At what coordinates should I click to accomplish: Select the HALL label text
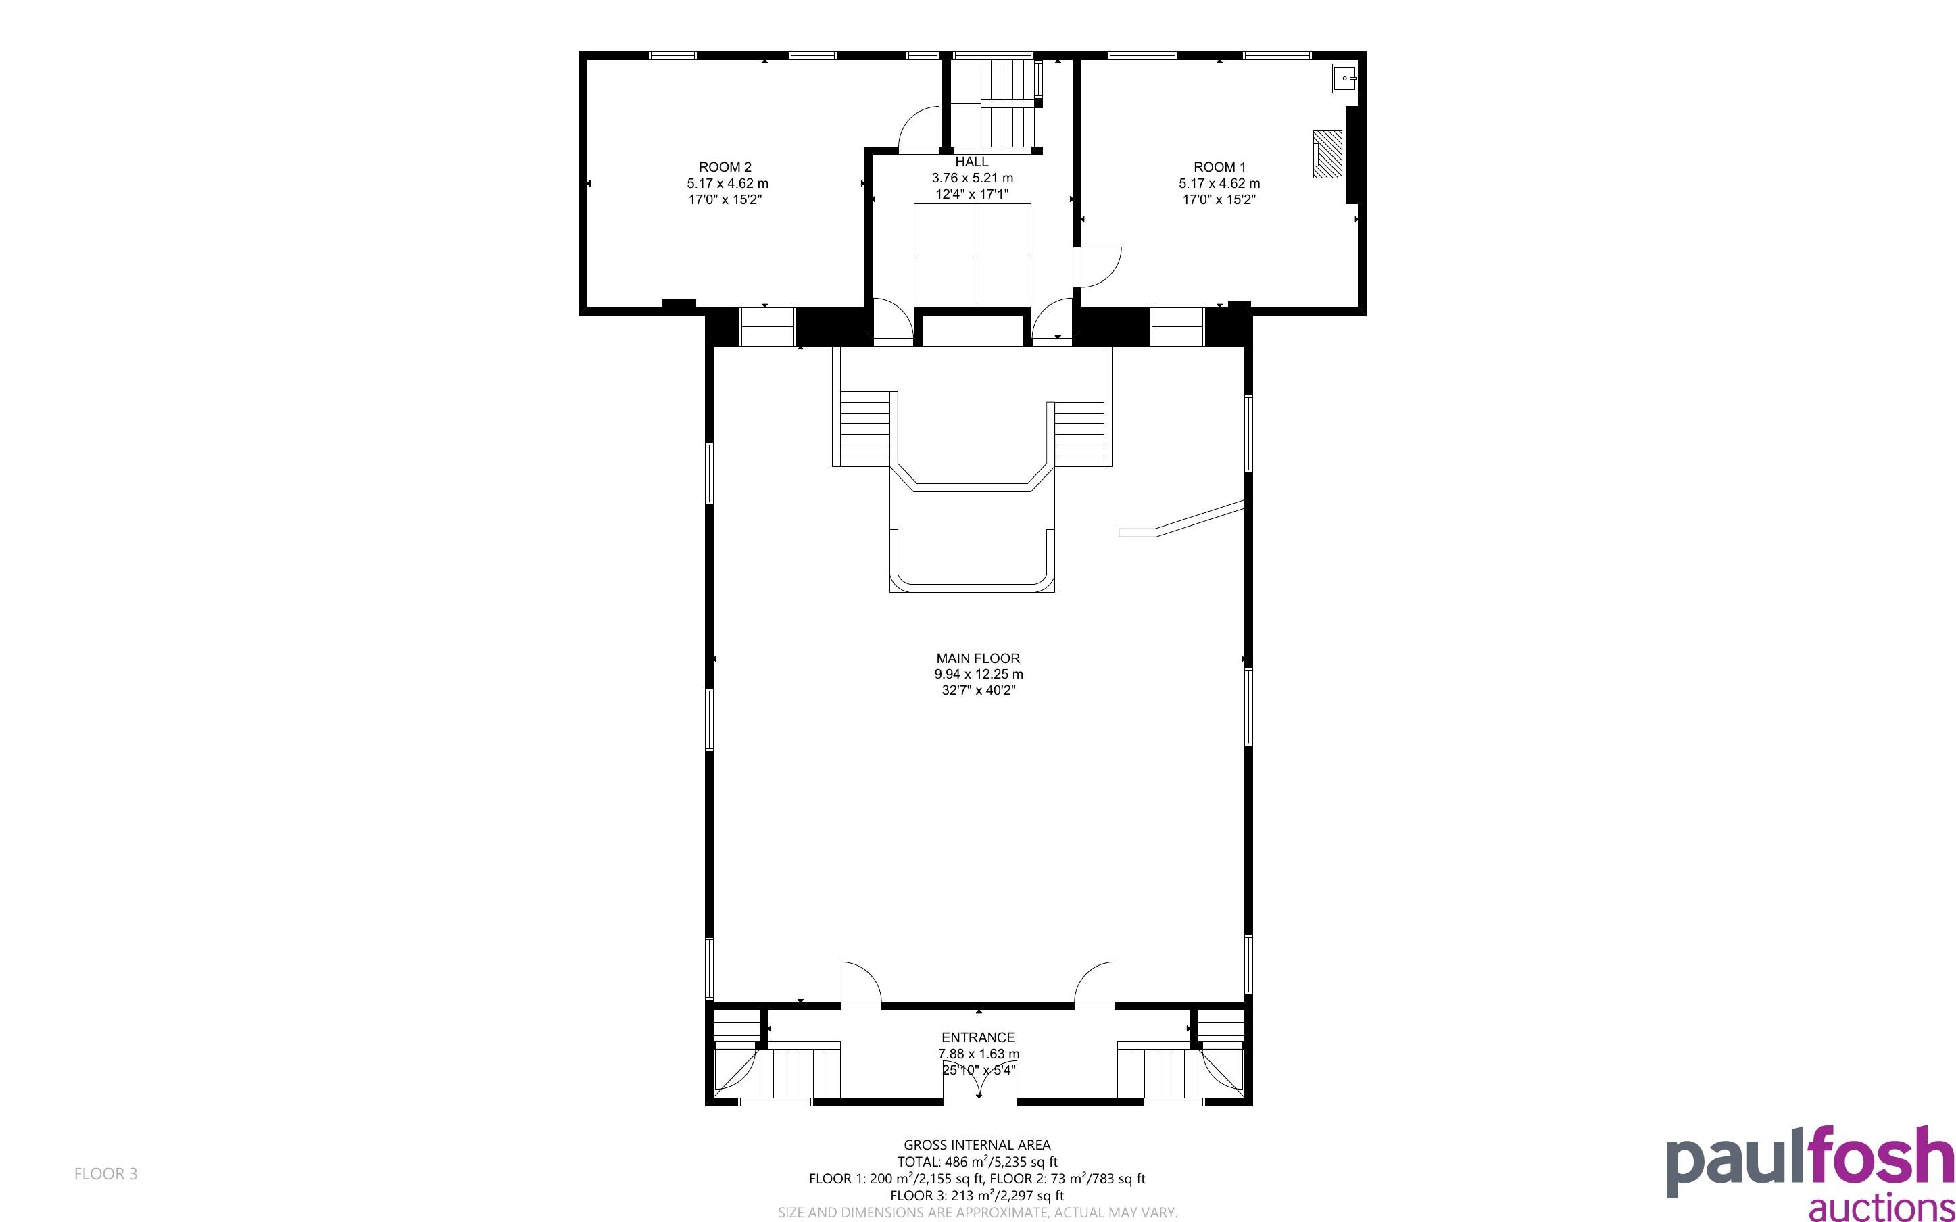pyautogui.click(x=971, y=162)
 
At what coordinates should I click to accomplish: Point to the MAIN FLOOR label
pyautogui.click(x=977, y=658)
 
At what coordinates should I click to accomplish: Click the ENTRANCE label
pyautogui.click(x=977, y=1037)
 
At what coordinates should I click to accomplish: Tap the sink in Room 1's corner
pyautogui.click(x=1345, y=78)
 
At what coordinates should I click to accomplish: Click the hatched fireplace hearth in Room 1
pyautogui.click(x=1327, y=154)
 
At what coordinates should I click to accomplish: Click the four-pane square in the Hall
pyautogui.click(x=972, y=255)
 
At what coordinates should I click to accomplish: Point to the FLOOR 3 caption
pyautogui.click(x=106, y=1173)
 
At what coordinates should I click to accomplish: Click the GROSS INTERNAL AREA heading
pyautogui.click(x=977, y=1144)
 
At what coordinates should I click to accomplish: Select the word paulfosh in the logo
pyautogui.click(x=1810, y=1161)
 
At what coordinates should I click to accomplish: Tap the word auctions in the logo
pyautogui.click(x=1881, y=1206)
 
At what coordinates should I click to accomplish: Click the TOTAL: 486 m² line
pyautogui.click(x=977, y=1161)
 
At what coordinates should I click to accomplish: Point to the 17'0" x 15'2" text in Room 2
pyautogui.click(x=725, y=199)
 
